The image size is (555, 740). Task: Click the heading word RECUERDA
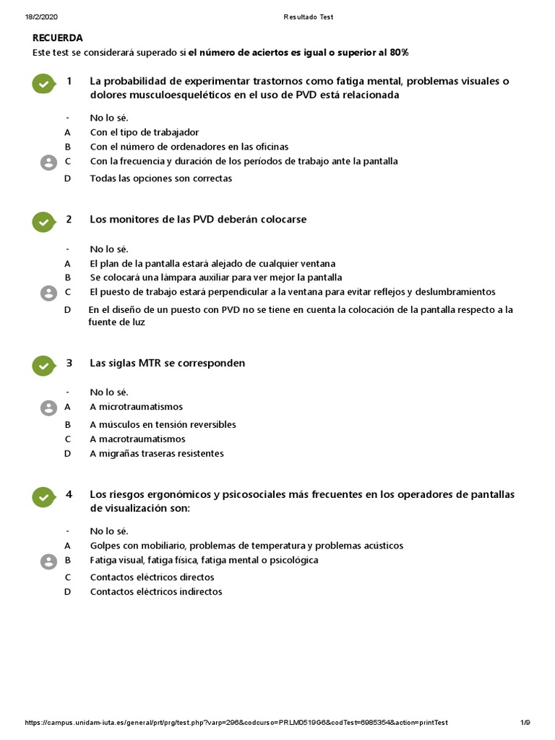pos(58,38)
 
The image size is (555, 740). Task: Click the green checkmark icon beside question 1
pos(44,84)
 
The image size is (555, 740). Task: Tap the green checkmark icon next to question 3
pos(44,366)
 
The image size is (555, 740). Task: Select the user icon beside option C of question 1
pos(48,163)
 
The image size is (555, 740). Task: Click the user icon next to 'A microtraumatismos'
pos(48,408)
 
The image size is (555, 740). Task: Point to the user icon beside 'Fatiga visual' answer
pos(48,562)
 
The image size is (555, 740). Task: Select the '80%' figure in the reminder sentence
pos(399,53)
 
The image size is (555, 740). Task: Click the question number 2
pos(69,219)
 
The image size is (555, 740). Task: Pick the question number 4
pos(69,494)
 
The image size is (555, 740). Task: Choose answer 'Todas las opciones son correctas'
pos(160,178)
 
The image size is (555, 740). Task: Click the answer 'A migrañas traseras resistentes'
pos(157,454)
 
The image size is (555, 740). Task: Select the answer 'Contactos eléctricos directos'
pos(152,577)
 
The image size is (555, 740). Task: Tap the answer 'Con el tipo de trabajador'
pos(144,132)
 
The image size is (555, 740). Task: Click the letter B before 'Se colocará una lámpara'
pos(67,277)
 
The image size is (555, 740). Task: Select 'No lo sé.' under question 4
pos(108,531)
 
